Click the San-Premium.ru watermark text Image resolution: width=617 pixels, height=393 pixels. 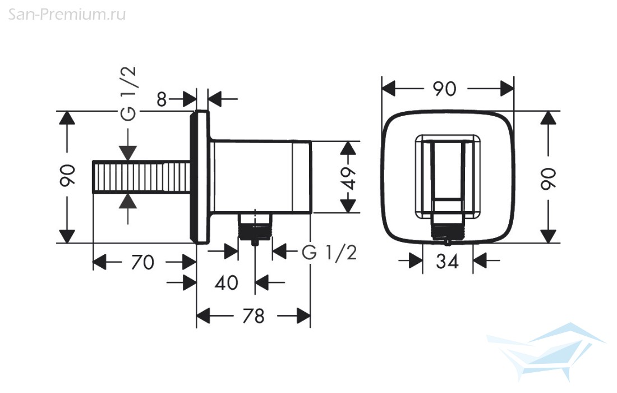67,15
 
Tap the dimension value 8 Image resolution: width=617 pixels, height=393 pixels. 162,99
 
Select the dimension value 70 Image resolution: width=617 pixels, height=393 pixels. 142,262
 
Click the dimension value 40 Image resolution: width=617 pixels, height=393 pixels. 227,283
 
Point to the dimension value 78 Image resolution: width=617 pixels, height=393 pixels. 254,316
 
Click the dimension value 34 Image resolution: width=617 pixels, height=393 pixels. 448,261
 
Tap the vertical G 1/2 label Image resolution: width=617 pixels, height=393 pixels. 128,93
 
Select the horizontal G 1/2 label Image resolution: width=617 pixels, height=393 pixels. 329,252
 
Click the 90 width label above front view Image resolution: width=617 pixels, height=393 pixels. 445,89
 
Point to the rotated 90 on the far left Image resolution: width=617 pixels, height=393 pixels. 67,176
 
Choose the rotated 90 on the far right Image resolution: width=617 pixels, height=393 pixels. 548,179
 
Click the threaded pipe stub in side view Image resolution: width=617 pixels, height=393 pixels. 142,177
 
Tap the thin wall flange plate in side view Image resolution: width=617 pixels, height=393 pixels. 200,177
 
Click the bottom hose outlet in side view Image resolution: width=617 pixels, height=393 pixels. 255,229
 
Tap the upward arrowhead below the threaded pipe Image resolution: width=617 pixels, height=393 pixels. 128,202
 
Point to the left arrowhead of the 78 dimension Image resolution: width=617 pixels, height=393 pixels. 204,316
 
